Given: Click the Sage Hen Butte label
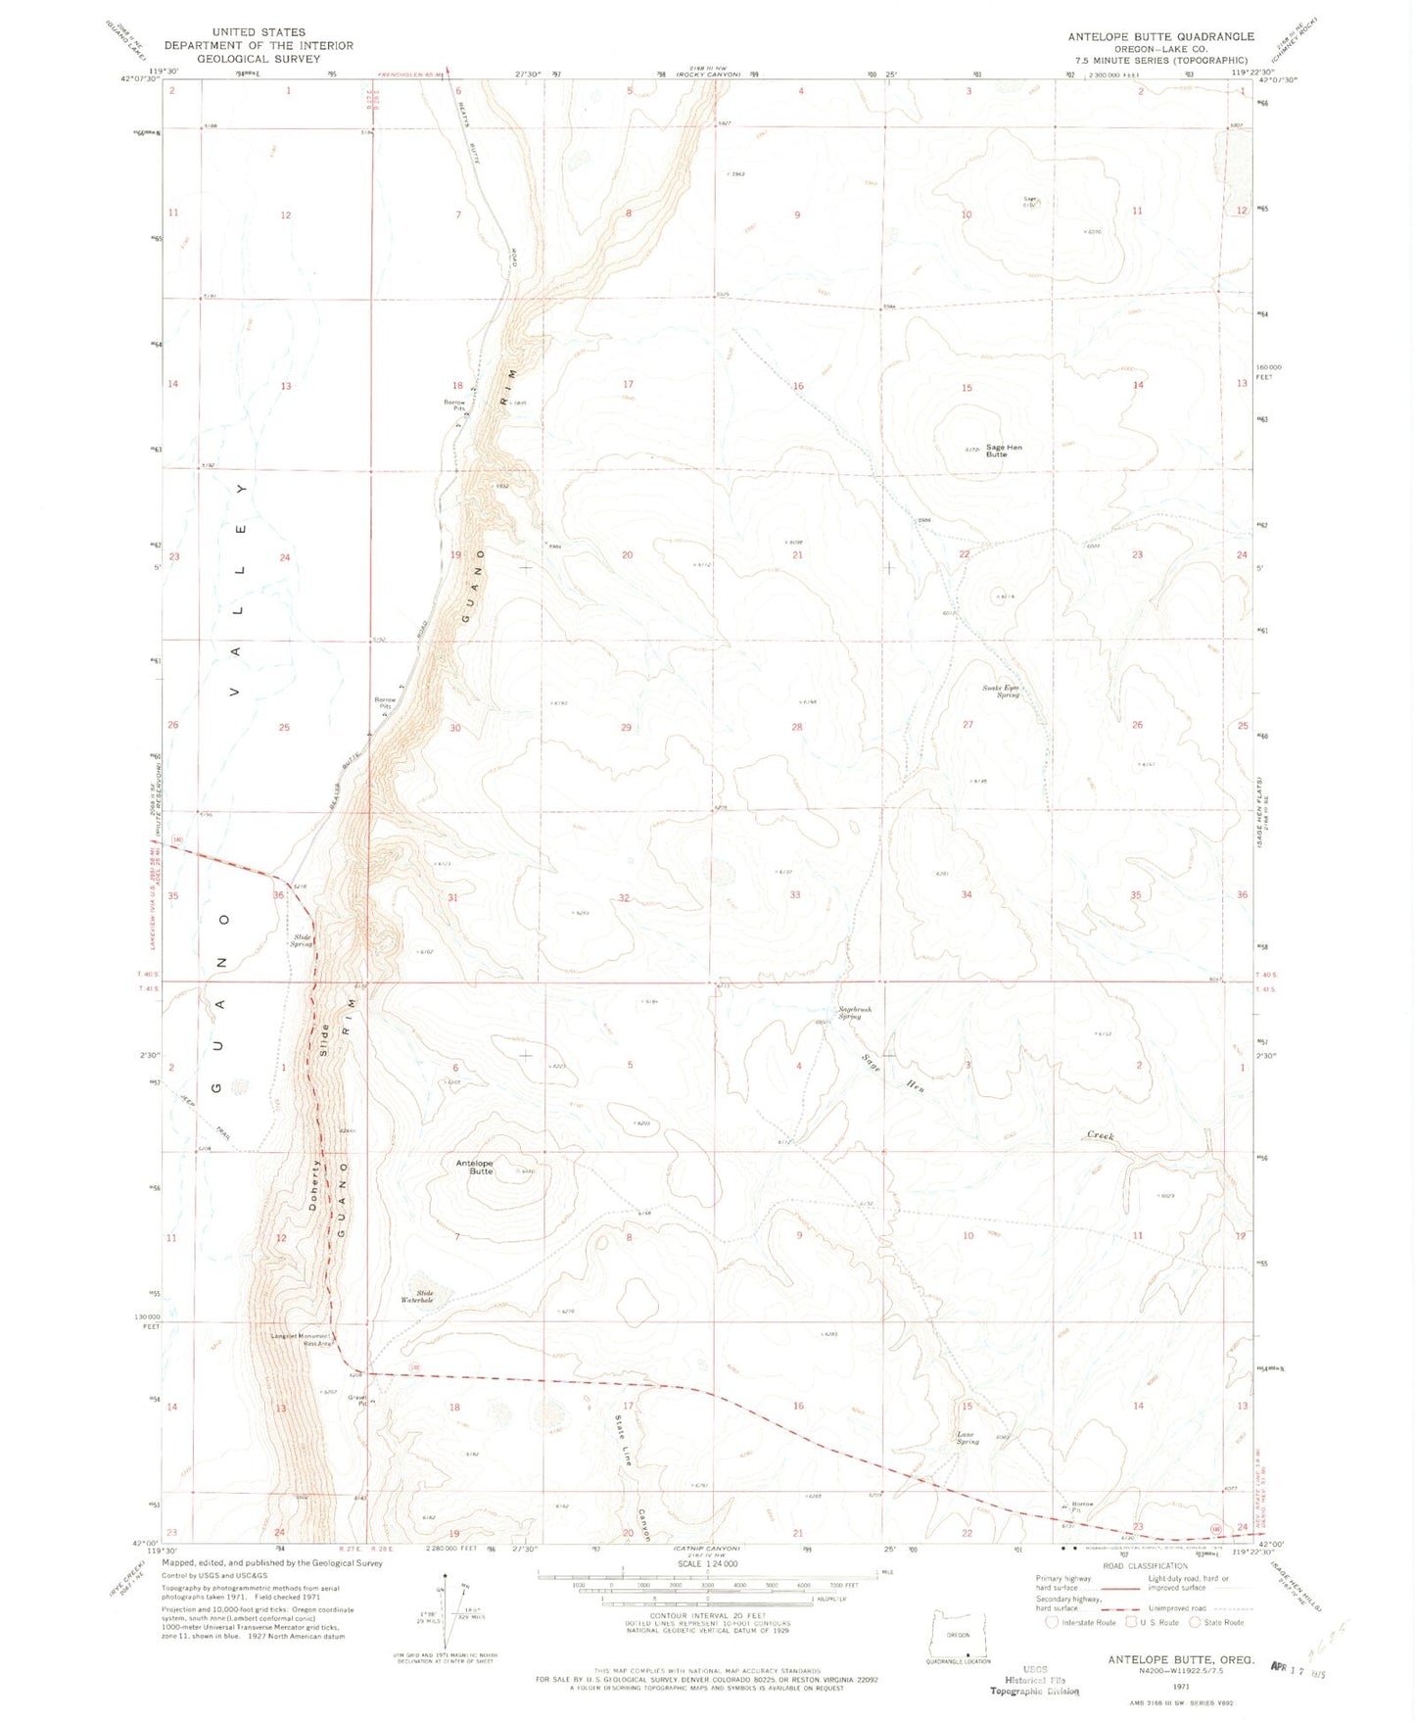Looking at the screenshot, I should (1003, 451).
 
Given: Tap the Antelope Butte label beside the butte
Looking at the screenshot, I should (475, 1167).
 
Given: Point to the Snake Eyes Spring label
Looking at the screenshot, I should (1002, 691).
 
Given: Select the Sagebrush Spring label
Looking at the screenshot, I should (848, 1013).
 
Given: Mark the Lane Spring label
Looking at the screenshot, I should (967, 1438).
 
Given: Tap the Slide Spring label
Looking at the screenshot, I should (302, 940).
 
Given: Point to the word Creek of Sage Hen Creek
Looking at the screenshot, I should (1100, 1135).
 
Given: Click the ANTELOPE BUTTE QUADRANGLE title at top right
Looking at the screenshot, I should (1160, 36).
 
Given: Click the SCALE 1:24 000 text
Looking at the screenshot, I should (702, 1564).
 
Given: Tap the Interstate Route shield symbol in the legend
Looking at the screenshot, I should (1052, 1622).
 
